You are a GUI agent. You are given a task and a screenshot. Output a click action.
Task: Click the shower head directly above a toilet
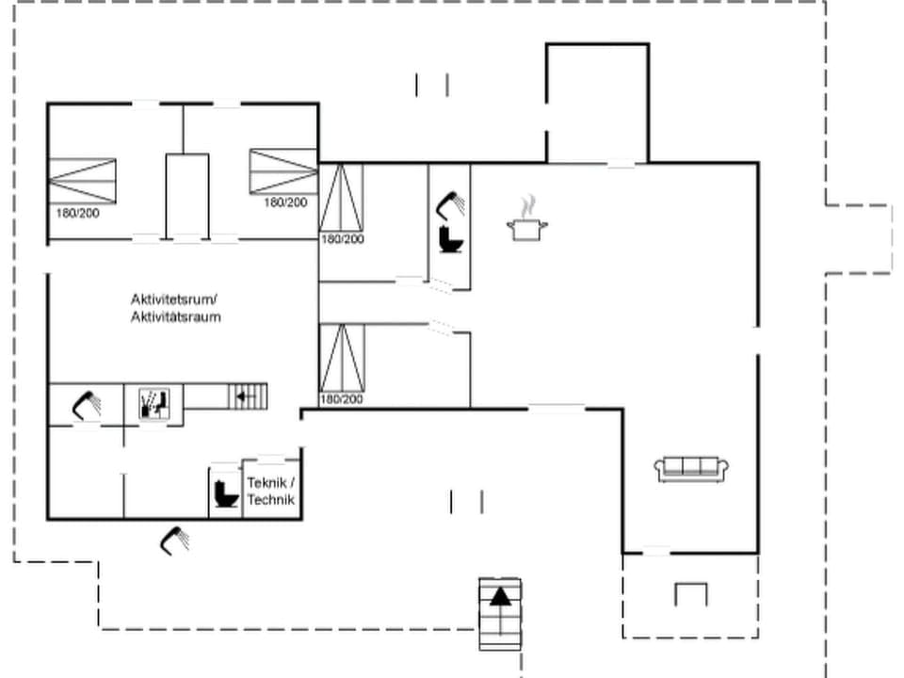pyautogui.click(x=451, y=203)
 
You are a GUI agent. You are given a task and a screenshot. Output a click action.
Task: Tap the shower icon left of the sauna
pyautogui.click(x=87, y=405)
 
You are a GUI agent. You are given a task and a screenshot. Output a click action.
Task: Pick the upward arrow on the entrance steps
pyautogui.click(x=500, y=595)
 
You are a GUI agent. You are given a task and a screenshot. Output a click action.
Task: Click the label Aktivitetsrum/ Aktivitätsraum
pyautogui.click(x=176, y=308)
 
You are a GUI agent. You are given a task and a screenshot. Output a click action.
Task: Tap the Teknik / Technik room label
pyautogui.click(x=271, y=491)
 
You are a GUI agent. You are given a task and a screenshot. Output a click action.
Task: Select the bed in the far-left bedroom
pyautogui.click(x=82, y=181)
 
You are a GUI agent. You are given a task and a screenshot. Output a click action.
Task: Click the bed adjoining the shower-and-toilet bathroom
pyautogui.click(x=341, y=197)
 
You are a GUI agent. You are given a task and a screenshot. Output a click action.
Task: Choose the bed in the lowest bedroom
pyautogui.click(x=342, y=358)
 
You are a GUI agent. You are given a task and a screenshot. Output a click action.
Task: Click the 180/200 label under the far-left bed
pyautogui.click(x=78, y=213)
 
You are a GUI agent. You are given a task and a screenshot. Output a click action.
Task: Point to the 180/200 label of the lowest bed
pyautogui.click(x=341, y=400)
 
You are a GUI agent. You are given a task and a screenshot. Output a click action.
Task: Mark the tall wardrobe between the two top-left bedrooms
pyautogui.click(x=186, y=194)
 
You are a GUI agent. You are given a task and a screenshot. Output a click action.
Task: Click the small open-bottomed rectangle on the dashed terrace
pyautogui.click(x=690, y=594)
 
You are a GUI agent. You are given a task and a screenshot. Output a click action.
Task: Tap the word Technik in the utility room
pyautogui.click(x=271, y=500)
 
